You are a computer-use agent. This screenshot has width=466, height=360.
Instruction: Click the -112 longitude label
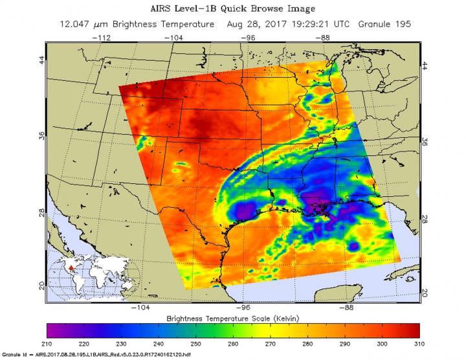pos(103,38)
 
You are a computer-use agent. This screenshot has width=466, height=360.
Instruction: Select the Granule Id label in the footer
pos(16,355)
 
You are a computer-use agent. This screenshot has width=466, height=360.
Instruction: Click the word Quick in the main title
pos(241,10)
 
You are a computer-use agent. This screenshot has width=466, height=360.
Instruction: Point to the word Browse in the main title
pos(279,10)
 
